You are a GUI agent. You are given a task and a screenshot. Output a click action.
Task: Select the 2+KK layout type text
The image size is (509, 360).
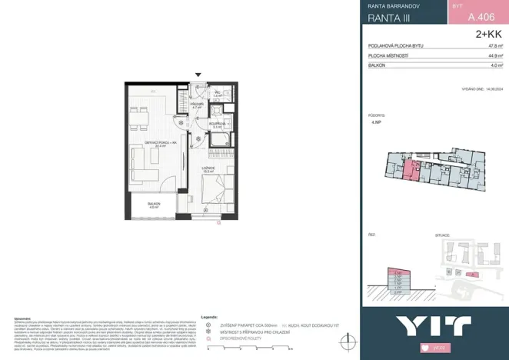[488, 34]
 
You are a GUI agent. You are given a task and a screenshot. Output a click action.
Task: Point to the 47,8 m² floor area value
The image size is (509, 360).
[495, 46]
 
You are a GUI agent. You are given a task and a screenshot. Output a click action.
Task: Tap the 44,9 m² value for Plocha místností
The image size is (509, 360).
[495, 56]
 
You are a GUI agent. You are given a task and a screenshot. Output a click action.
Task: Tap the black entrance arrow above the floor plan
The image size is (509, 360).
[198, 75]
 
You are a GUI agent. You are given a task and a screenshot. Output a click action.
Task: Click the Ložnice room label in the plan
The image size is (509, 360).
[208, 168]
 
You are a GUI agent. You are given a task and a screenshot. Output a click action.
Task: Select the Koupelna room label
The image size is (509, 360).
[218, 123]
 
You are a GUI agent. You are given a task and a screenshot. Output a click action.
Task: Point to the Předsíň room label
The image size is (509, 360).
[198, 105]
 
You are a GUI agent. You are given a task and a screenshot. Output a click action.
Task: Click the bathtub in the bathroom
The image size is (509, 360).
[219, 139]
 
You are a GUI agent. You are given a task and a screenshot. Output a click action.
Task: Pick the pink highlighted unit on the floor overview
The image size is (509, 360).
[413, 171]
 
